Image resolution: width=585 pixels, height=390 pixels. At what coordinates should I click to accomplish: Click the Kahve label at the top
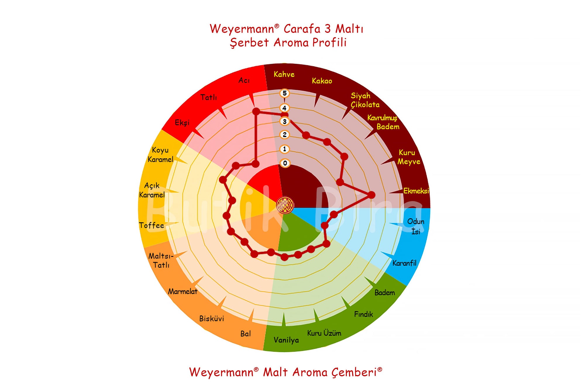pos(284,74)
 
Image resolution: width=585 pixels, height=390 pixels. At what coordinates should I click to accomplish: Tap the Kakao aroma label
pos(322,81)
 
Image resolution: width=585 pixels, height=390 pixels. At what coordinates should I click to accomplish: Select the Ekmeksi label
pos(416,191)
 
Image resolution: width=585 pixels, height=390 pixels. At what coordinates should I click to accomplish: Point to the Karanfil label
pos(404,263)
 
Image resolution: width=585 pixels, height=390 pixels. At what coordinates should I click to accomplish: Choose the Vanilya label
pos(286,340)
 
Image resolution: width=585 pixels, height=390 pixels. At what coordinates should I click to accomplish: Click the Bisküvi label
pos(211,318)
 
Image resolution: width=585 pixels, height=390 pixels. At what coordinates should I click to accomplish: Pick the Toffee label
pos(152,225)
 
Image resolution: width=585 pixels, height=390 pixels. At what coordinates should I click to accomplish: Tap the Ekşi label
pos(182,123)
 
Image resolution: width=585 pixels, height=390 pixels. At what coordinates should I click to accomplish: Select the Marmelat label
pos(183,291)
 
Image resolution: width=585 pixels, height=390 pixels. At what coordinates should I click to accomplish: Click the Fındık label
pos(363,314)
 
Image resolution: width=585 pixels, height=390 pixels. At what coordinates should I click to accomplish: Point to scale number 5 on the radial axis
pos(284,93)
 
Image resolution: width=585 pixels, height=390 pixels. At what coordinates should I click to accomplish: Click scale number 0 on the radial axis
pos(285,163)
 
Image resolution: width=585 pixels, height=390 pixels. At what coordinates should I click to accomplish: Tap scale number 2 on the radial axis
pos(284,135)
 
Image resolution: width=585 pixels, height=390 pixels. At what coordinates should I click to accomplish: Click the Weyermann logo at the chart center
pos(285,205)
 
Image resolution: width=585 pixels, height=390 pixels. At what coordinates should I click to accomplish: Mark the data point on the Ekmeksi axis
pos(371,195)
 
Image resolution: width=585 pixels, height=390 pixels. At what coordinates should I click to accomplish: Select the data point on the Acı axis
pos(256,111)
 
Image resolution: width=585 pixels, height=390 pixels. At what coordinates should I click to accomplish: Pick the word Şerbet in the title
pos(249,43)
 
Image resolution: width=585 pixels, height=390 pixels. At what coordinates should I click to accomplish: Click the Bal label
pos(245,334)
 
